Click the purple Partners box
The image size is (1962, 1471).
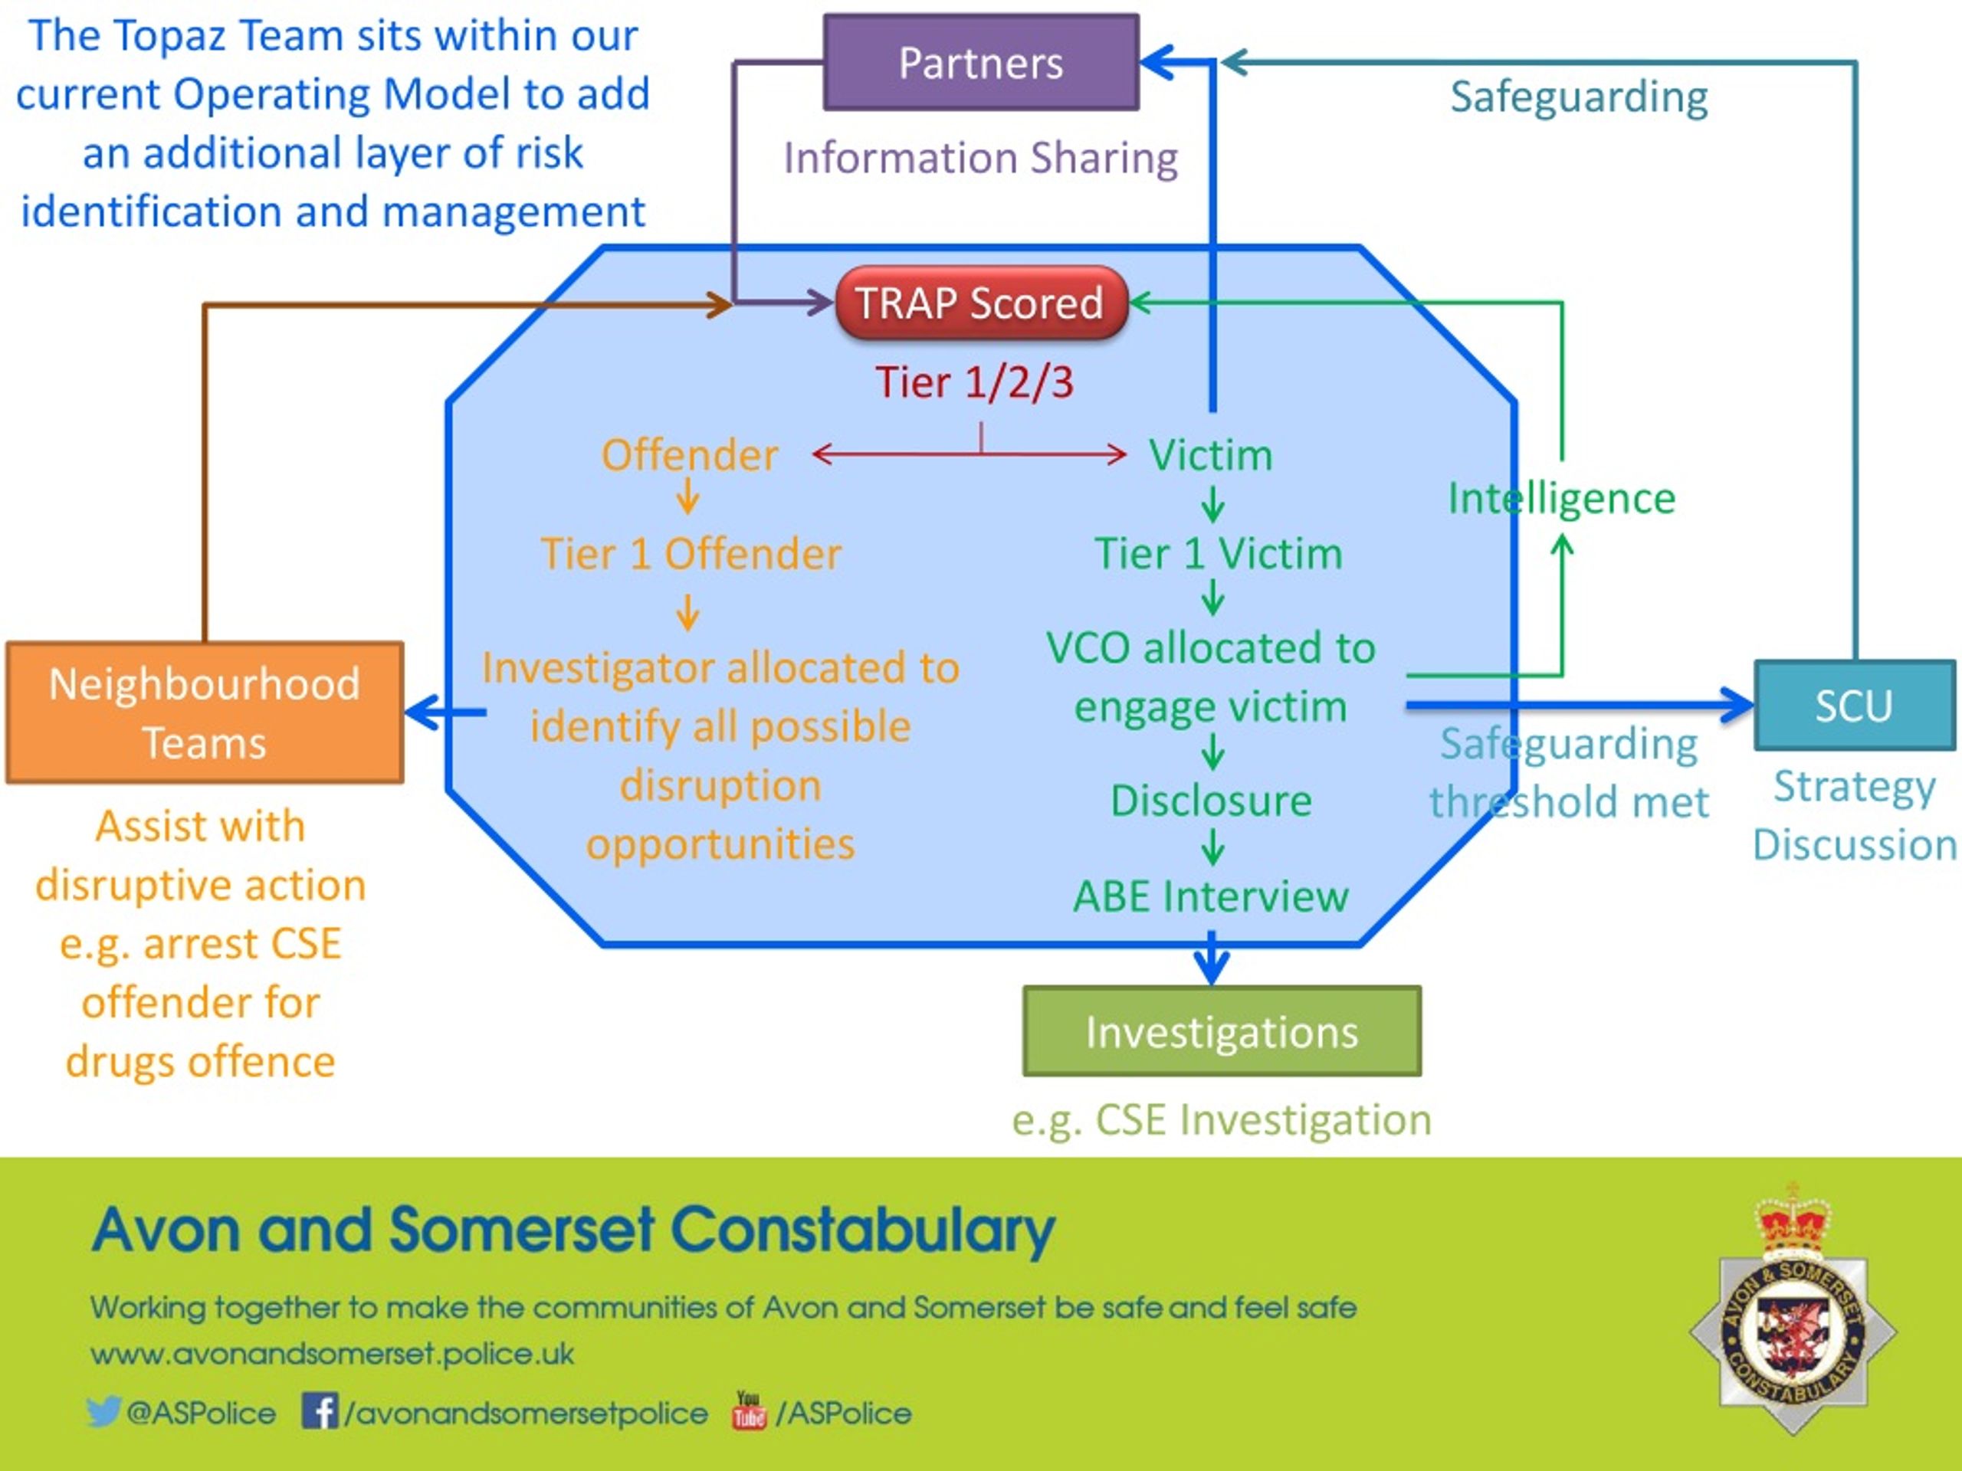tap(981, 62)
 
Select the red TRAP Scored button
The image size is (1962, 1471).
tap(981, 303)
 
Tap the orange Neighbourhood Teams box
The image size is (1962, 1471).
tap(205, 713)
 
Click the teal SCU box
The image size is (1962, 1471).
tap(1855, 706)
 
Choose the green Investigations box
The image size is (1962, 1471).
tap(1222, 1032)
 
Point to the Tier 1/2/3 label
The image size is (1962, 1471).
tap(974, 382)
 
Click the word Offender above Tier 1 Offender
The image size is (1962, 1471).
tap(689, 455)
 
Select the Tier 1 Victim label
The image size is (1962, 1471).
tap(1219, 554)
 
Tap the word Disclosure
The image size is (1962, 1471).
tap(1211, 801)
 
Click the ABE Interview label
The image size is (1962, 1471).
tap(1211, 896)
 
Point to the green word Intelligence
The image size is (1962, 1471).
tap(1561, 498)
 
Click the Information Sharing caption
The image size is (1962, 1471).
tap(980, 159)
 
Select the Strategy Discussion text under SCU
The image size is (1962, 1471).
tap(1855, 815)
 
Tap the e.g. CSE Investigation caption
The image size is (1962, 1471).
tap(1222, 1120)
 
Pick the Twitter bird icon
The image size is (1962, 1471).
tap(103, 1411)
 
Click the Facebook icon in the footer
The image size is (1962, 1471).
tap(320, 1410)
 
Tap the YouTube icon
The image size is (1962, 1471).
tap(749, 1410)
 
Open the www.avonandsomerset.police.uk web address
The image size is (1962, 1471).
tap(332, 1354)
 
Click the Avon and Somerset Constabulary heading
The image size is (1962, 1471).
tap(573, 1230)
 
